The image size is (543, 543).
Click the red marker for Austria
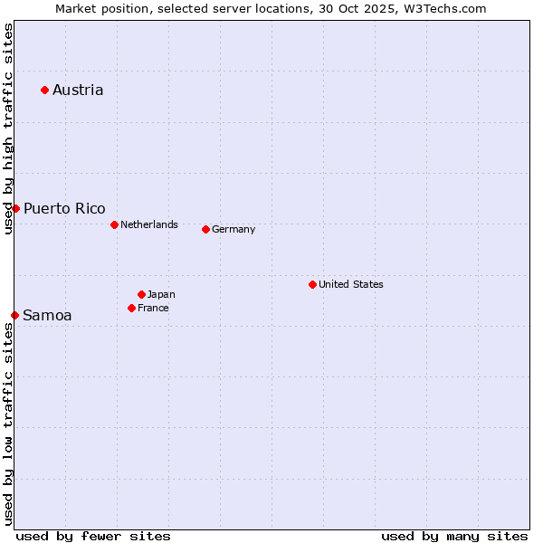point(44,90)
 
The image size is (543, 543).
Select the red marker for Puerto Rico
point(15,208)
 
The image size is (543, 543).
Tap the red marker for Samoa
point(14,315)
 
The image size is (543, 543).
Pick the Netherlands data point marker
point(114,224)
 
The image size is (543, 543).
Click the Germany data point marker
point(205,229)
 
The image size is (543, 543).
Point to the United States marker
point(312,284)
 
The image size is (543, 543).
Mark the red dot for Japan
point(141,294)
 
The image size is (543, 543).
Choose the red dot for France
point(131,308)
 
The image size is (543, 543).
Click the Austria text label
point(78,90)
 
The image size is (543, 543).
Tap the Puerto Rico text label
point(64,208)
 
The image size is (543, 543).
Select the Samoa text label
point(47,315)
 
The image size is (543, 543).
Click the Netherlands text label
point(148,224)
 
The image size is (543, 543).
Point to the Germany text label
point(233,229)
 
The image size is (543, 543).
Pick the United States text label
point(350,284)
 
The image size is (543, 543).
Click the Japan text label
point(161,294)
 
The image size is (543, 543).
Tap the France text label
point(153,308)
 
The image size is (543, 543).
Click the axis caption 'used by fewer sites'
point(93,536)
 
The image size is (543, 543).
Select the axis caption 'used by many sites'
point(454,536)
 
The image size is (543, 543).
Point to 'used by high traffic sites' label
point(8,129)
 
